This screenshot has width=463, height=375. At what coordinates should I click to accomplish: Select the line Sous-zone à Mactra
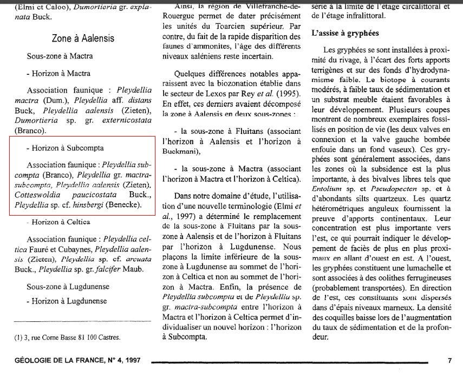click(x=60, y=56)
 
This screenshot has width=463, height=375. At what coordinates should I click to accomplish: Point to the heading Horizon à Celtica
click(x=61, y=222)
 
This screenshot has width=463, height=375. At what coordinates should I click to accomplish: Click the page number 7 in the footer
click(x=449, y=360)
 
